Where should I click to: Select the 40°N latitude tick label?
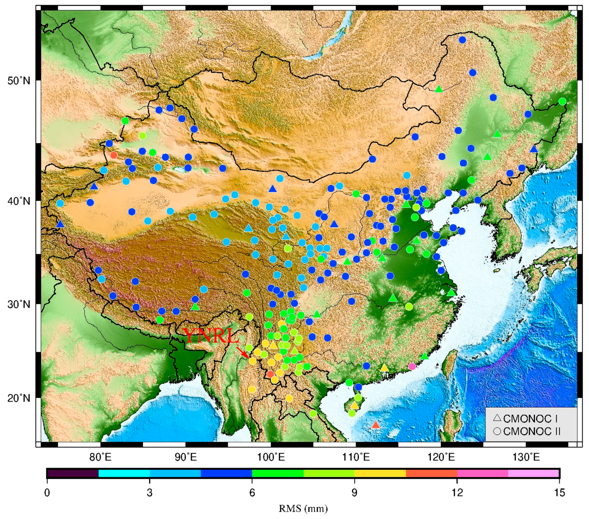(19, 201)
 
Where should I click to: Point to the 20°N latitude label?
(19, 398)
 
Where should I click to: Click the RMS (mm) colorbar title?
(303, 509)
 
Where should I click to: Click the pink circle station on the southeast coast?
(412, 366)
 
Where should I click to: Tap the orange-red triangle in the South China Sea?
(375, 425)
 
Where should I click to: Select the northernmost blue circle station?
(462, 40)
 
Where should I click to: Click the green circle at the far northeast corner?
(562, 102)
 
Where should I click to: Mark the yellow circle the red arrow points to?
(252, 361)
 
